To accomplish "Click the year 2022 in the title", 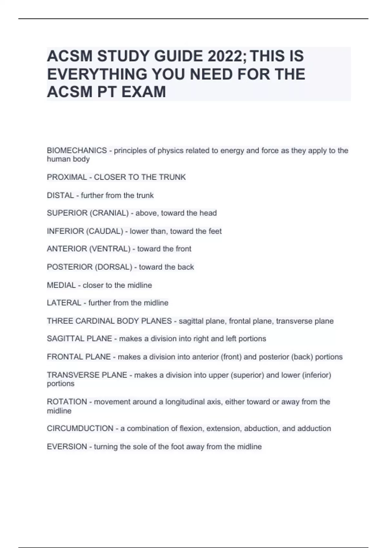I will [227, 56].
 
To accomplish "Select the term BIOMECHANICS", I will [77, 151].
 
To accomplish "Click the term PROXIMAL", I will [67, 177].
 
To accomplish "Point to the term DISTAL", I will [60, 195].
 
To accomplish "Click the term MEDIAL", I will [61, 285].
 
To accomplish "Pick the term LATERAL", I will [64, 303].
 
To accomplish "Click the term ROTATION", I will [67, 402].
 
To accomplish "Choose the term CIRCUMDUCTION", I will [80, 428].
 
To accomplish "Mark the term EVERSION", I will [67, 447].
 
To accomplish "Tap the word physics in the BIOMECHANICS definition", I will [169, 151].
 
